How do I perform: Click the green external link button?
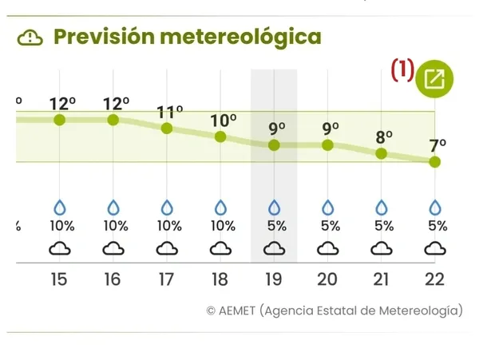click(435, 78)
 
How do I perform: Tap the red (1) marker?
click(402, 71)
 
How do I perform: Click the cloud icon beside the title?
click(30, 37)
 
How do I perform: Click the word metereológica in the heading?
click(239, 37)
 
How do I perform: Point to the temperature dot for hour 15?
click(59, 120)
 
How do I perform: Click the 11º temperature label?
click(169, 111)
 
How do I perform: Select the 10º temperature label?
click(223, 121)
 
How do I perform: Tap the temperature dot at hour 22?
click(434, 161)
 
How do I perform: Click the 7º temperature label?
click(437, 145)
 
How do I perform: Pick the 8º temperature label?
click(384, 136)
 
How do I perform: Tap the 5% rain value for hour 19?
click(276, 225)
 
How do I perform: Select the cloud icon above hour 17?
click(167, 249)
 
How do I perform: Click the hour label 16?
click(113, 279)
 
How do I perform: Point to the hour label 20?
click(327, 279)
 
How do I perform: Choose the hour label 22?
click(435, 279)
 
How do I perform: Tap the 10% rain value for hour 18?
click(222, 225)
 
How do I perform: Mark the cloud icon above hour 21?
click(381, 249)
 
